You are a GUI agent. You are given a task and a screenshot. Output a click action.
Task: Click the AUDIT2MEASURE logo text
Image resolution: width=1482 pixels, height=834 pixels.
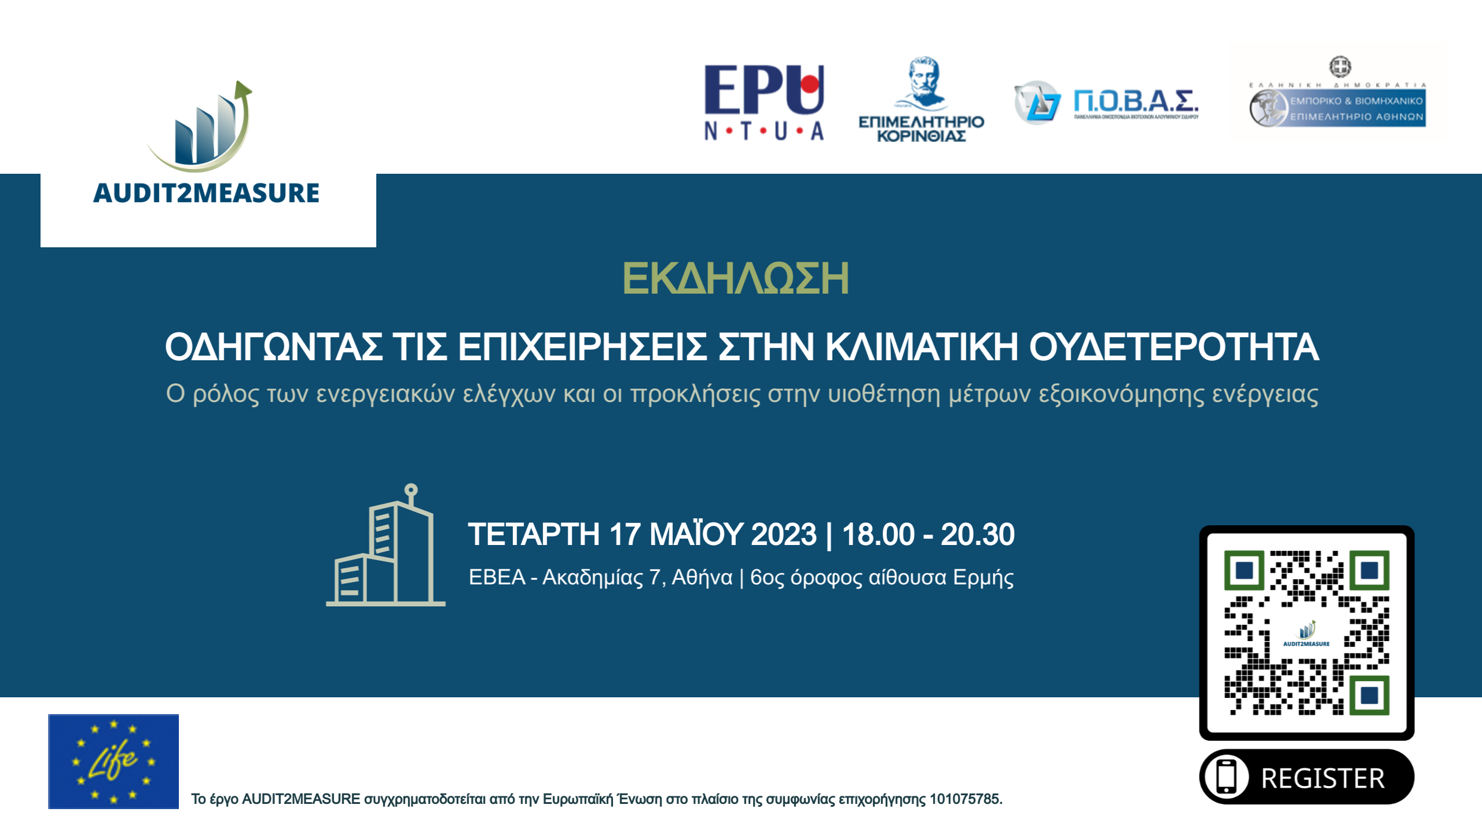click(206, 193)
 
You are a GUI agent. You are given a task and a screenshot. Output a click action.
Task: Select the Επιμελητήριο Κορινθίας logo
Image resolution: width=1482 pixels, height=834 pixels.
click(921, 100)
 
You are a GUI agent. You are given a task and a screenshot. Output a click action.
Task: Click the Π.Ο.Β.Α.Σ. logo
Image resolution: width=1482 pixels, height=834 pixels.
click(1107, 103)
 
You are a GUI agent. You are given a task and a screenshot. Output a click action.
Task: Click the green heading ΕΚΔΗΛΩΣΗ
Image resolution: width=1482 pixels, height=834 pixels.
click(735, 279)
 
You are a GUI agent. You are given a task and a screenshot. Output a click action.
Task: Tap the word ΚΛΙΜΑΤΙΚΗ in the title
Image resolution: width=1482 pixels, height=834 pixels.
click(921, 347)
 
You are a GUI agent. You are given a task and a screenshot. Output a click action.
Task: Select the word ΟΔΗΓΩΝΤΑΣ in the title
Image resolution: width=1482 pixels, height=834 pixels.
click(274, 347)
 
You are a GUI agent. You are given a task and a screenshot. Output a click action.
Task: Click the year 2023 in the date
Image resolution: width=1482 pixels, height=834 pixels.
click(783, 534)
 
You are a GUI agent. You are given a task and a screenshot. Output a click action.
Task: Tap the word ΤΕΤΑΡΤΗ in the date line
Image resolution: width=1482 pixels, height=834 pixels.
click(534, 534)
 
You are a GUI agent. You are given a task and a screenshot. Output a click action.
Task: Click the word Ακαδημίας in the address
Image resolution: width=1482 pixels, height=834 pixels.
click(592, 577)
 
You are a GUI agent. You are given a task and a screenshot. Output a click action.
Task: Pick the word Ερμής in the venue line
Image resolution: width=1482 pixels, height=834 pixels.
click(983, 577)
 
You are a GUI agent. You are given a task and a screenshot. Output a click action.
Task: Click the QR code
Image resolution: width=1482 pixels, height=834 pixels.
click(1307, 632)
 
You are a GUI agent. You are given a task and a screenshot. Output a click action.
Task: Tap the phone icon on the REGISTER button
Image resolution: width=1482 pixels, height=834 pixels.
click(1226, 777)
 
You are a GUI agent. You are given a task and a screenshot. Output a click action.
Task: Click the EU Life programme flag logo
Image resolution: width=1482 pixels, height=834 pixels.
click(113, 761)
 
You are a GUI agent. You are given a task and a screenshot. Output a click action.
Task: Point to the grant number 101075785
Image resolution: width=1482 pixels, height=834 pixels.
click(964, 799)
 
